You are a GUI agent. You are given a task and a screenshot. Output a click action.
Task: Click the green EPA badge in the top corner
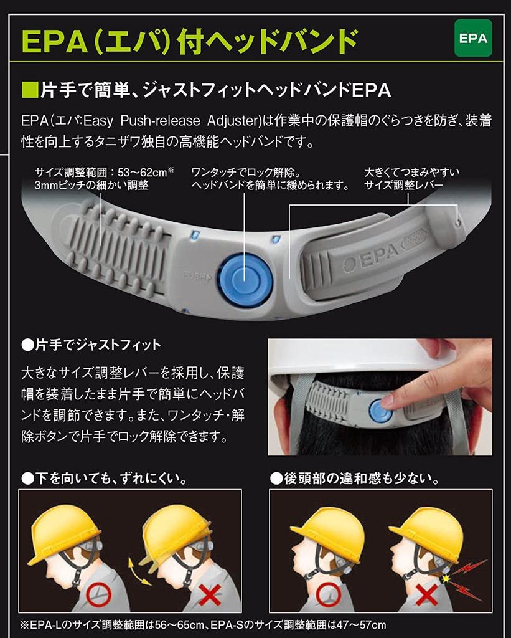[473, 38]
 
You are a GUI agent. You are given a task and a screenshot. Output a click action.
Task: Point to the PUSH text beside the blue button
[198, 275]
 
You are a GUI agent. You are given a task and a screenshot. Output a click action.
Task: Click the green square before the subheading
[29, 91]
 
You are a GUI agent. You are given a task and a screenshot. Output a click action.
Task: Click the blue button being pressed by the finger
[379, 411]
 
